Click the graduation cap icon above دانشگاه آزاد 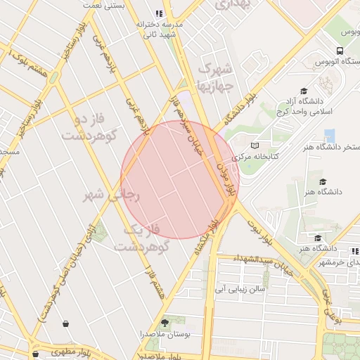303,91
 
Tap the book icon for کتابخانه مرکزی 255,145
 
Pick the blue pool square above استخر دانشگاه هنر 329,134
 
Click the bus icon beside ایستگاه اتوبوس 340,51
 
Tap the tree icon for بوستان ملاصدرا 165,323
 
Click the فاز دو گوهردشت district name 87,127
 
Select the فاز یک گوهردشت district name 144,239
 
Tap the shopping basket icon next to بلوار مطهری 35,354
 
